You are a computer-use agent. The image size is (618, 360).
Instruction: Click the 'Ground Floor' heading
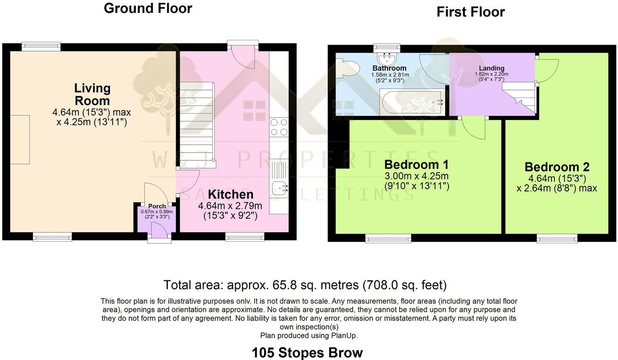point(148,8)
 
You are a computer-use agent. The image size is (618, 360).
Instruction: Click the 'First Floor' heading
point(470,12)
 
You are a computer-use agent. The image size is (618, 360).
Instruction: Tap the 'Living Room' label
point(92,94)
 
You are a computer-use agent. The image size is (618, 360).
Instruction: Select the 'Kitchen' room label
point(231,194)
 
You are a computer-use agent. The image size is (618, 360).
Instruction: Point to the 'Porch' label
point(157,206)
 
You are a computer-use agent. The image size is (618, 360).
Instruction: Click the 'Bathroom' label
point(389,68)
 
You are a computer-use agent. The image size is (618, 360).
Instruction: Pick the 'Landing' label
point(491,68)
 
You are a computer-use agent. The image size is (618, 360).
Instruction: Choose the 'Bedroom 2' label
point(557,167)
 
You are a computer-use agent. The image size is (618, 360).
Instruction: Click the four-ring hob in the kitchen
point(279,127)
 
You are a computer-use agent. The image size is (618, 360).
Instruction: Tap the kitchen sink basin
point(280,189)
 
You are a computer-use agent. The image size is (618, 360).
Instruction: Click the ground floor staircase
point(197,125)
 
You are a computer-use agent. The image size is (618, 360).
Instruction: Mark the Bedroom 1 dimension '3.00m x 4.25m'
point(417,176)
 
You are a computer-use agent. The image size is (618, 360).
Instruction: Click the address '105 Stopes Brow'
point(307,353)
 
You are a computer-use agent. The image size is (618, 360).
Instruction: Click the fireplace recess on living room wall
point(20,140)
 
